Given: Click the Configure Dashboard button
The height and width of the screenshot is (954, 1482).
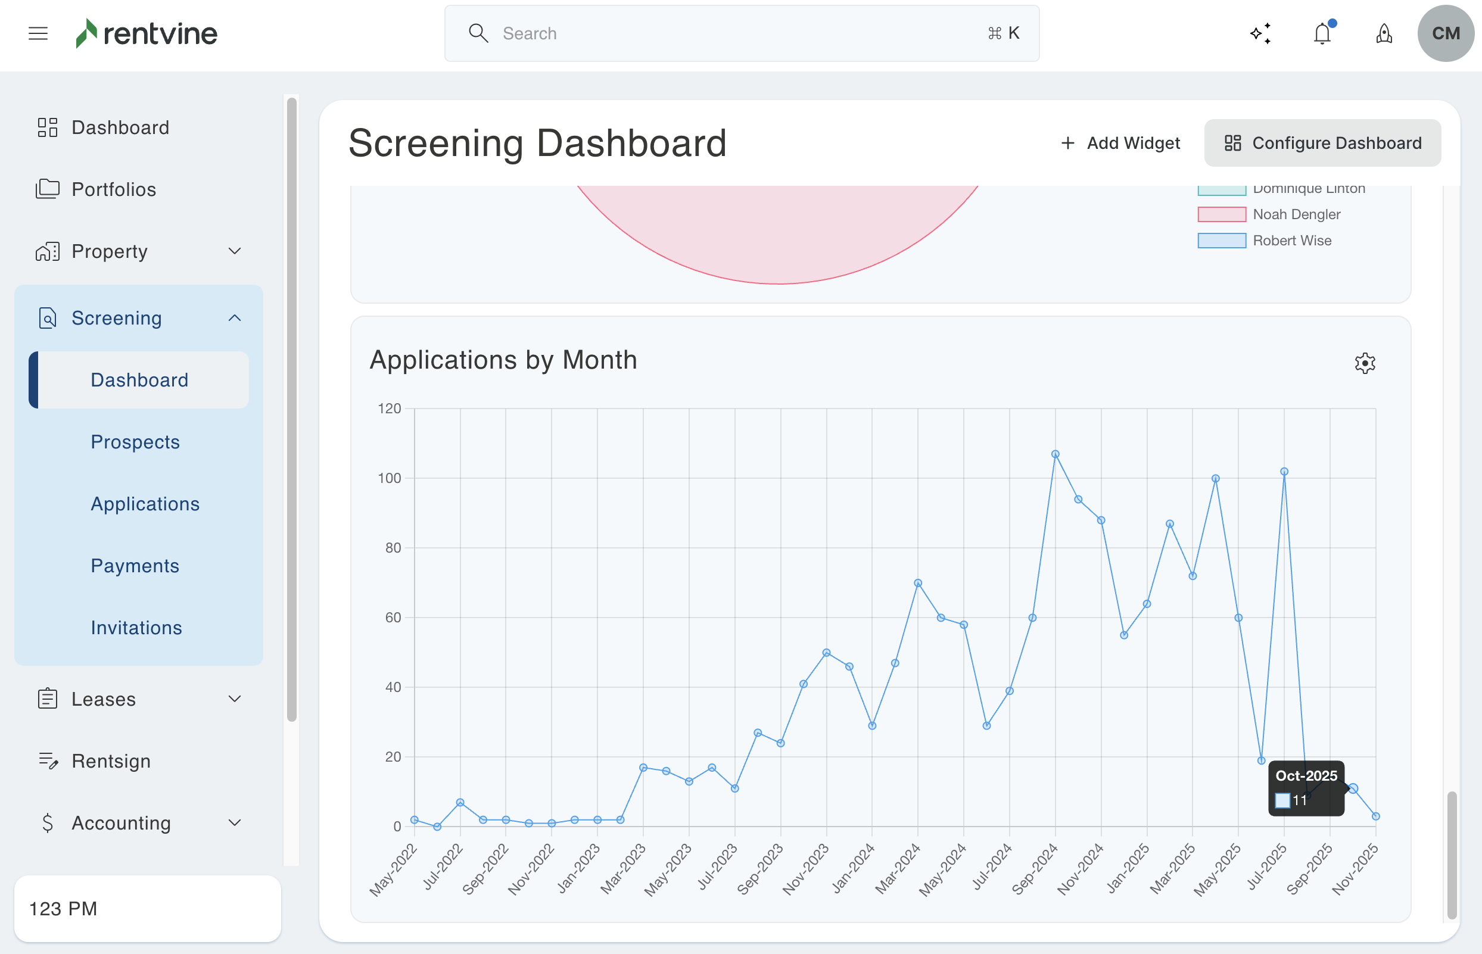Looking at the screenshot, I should coord(1322,143).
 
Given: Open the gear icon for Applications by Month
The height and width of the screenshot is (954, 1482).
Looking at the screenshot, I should coord(1364,363).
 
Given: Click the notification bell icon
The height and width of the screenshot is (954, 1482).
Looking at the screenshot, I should coord(1322,33).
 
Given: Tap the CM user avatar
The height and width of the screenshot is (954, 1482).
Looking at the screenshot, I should coord(1445,33).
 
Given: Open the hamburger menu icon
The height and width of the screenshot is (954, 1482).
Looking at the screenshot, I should coord(38,33).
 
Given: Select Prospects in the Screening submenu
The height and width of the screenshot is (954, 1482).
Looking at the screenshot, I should coord(135,442).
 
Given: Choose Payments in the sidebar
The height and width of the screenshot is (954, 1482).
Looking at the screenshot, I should coord(135,566).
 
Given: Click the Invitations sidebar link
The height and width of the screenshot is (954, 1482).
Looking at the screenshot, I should coord(136,628).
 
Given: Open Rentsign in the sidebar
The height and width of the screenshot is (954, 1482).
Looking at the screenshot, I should coord(111,760).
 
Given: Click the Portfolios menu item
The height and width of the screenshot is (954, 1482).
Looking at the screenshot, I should coord(113,189).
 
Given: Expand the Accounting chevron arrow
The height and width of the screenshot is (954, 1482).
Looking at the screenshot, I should coord(234,822).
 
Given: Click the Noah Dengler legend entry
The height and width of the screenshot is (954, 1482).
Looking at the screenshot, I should coord(1296,214).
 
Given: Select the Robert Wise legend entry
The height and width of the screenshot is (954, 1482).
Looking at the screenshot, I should coord(1292,241).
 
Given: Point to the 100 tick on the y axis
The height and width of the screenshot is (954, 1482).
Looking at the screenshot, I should coord(390,478).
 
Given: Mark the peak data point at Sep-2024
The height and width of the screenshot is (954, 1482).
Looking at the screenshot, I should coord(1055,454).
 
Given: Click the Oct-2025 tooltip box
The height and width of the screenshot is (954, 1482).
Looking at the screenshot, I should coord(1306,787).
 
